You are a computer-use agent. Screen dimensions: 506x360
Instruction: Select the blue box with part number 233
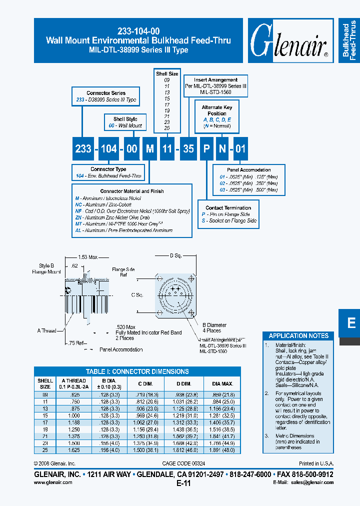coord(83,148)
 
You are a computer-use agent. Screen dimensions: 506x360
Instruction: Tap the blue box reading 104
coord(108,148)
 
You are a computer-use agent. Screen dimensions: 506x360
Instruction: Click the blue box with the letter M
coord(149,148)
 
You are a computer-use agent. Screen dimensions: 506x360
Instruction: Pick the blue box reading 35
coord(188,148)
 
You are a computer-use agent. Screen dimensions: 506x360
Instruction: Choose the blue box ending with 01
coord(240,148)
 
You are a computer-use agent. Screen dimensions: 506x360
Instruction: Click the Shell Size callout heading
coord(166,74)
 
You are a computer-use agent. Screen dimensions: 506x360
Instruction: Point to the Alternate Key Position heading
coord(217,110)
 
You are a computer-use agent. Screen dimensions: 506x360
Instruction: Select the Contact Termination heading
coord(228,208)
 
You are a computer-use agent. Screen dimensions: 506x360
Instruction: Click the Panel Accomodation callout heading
coord(248,170)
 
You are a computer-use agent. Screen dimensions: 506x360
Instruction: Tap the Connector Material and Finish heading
coord(132,191)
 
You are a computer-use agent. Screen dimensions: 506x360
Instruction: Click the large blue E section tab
coord(351,323)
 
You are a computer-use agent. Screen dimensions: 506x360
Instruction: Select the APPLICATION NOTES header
coord(298,335)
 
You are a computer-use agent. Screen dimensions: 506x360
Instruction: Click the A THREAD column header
coord(73,383)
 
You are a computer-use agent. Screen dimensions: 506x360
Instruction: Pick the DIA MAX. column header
coord(222,383)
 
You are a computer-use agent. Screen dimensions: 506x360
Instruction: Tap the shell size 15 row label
coord(45,415)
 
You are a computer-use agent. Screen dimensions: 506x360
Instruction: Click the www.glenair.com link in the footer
coord(53,482)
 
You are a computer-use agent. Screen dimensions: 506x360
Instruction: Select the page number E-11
coord(183,483)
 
